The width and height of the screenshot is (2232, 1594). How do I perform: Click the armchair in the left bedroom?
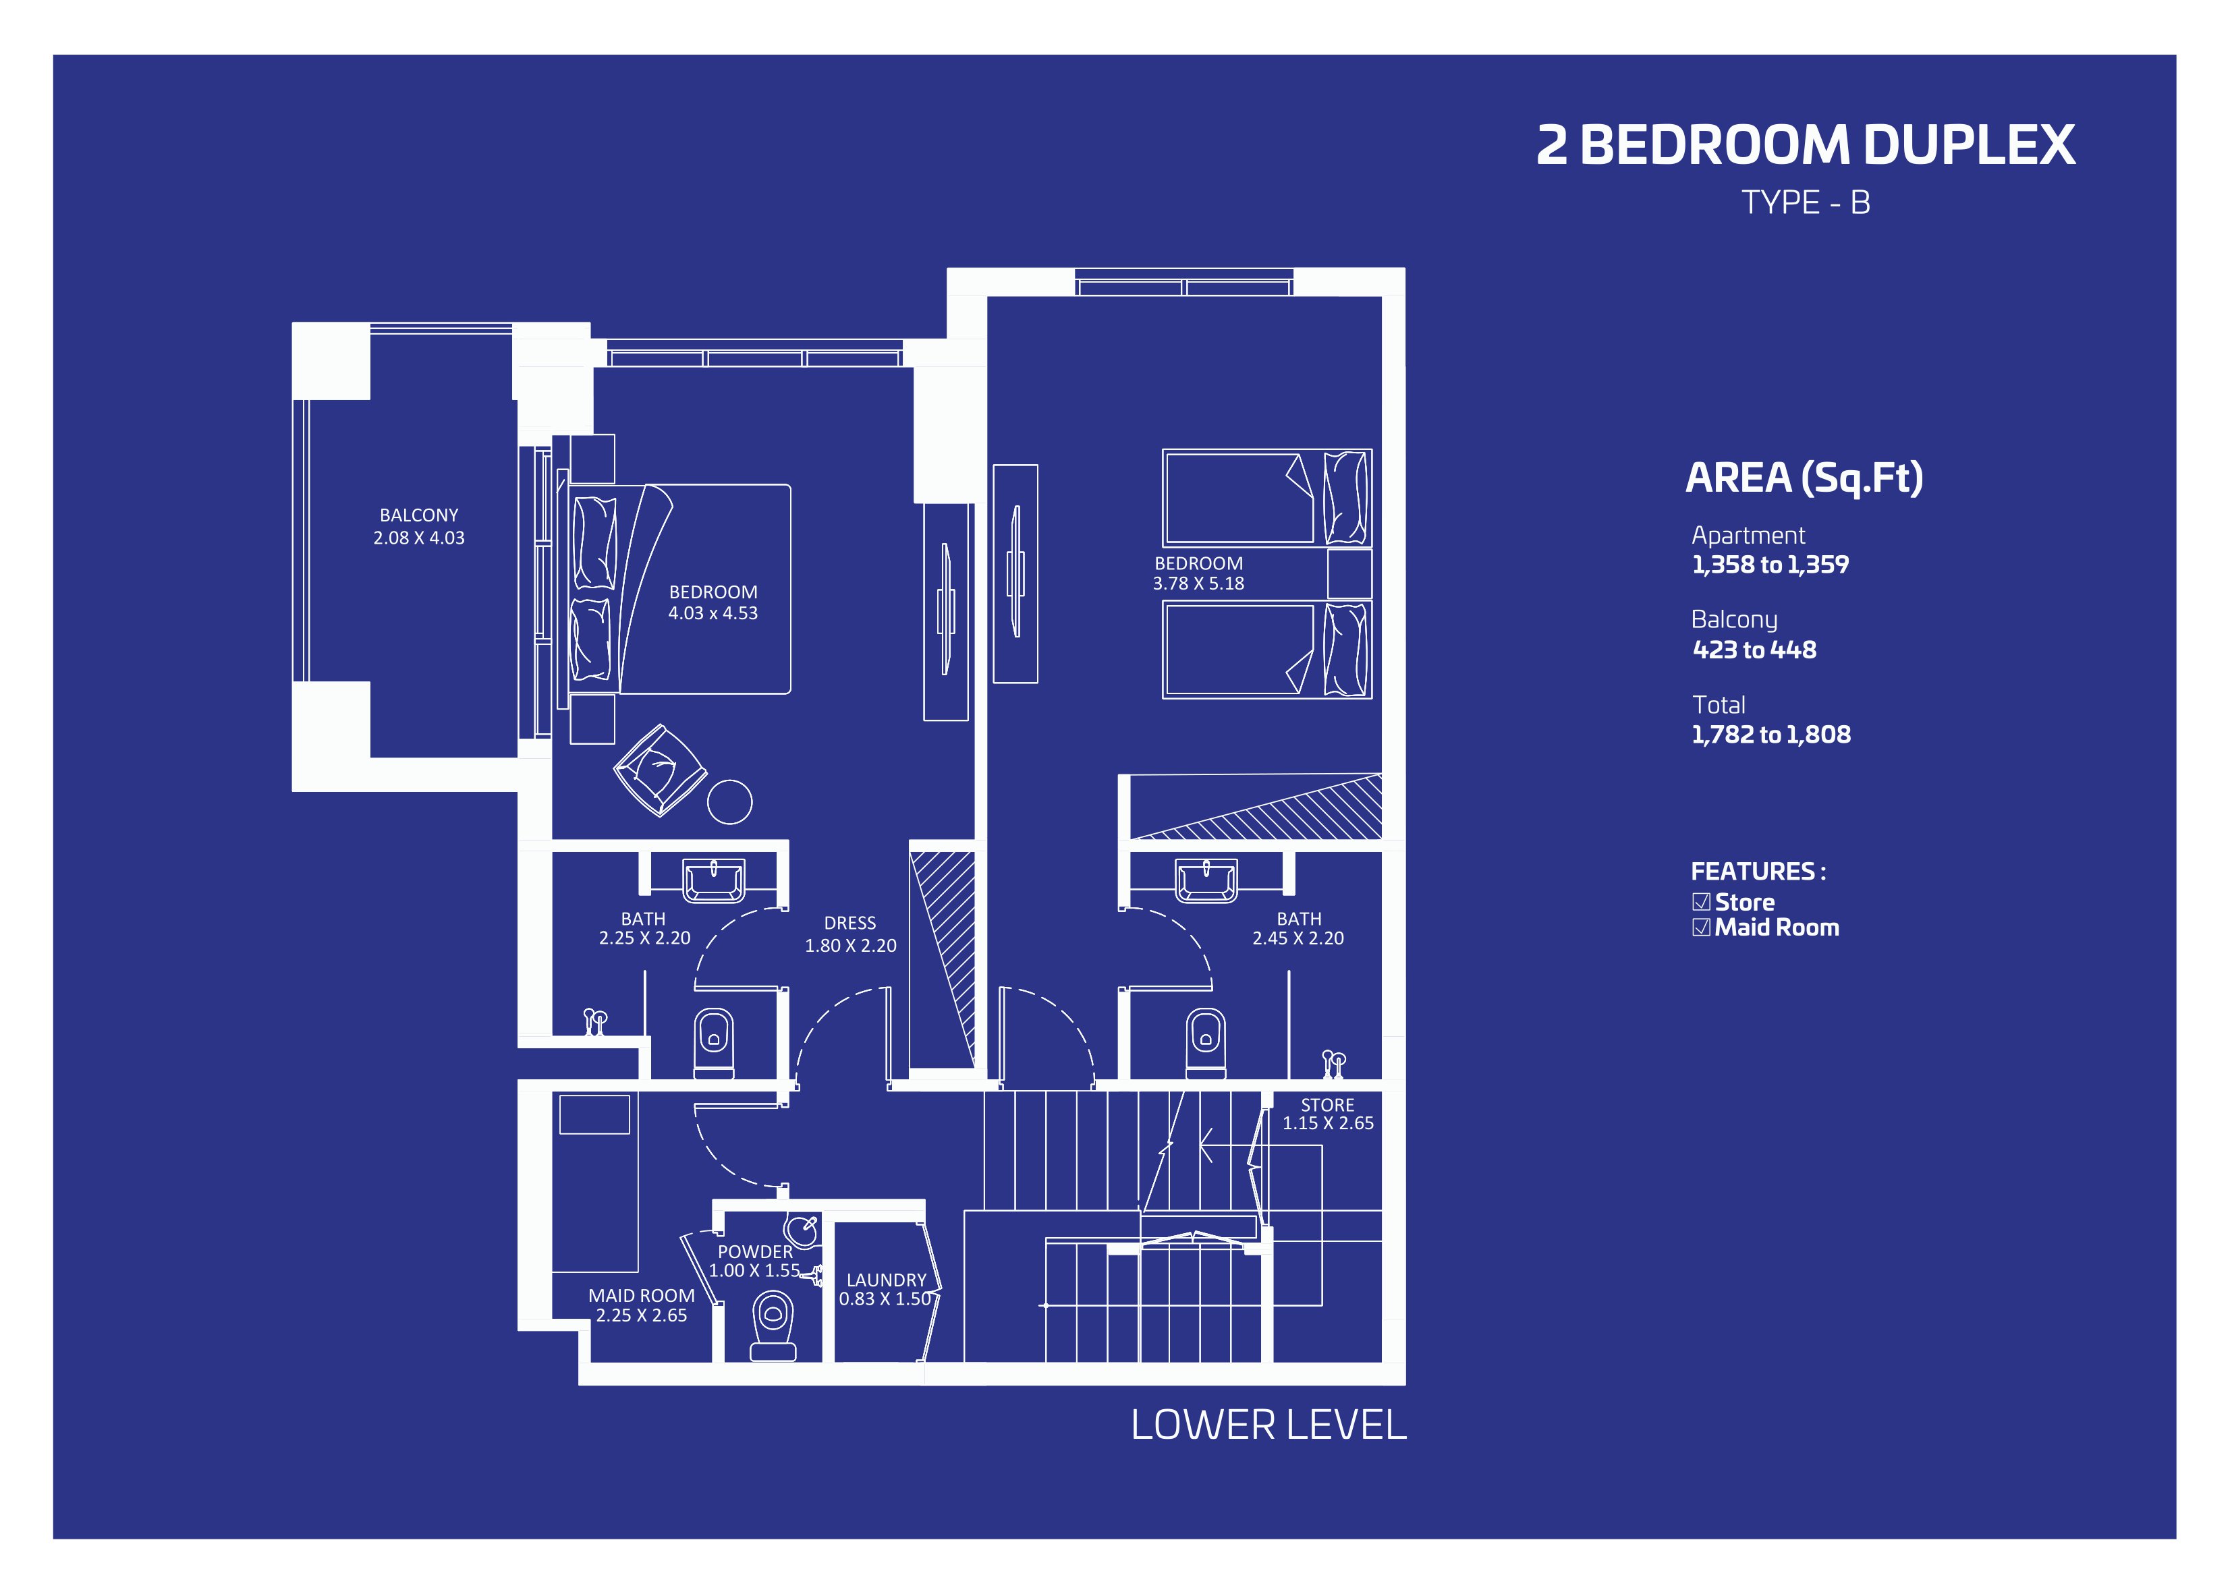pos(660,770)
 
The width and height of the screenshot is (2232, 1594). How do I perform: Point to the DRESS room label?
pos(850,923)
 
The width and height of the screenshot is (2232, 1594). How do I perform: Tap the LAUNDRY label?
pos(887,1280)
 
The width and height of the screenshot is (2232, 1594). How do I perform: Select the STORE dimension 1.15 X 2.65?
pos(1328,1123)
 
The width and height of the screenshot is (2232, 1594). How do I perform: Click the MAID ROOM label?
pos(641,1296)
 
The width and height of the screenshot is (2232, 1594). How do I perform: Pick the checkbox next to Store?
pos(1701,902)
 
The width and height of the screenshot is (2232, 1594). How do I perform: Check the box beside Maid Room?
pos(1701,928)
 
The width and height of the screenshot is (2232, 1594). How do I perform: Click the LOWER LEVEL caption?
pos(1268,1424)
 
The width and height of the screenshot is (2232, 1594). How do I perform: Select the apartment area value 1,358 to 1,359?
pos(1770,565)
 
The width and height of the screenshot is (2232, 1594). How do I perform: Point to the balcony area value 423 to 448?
pos(1754,650)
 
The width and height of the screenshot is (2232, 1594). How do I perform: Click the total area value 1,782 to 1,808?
pos(1770,734)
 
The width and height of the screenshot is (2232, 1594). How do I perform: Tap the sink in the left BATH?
pos(714,880)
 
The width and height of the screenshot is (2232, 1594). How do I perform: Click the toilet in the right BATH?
pos(1205,1042)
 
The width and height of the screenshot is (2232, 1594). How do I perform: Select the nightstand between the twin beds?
pos(1349,573)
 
